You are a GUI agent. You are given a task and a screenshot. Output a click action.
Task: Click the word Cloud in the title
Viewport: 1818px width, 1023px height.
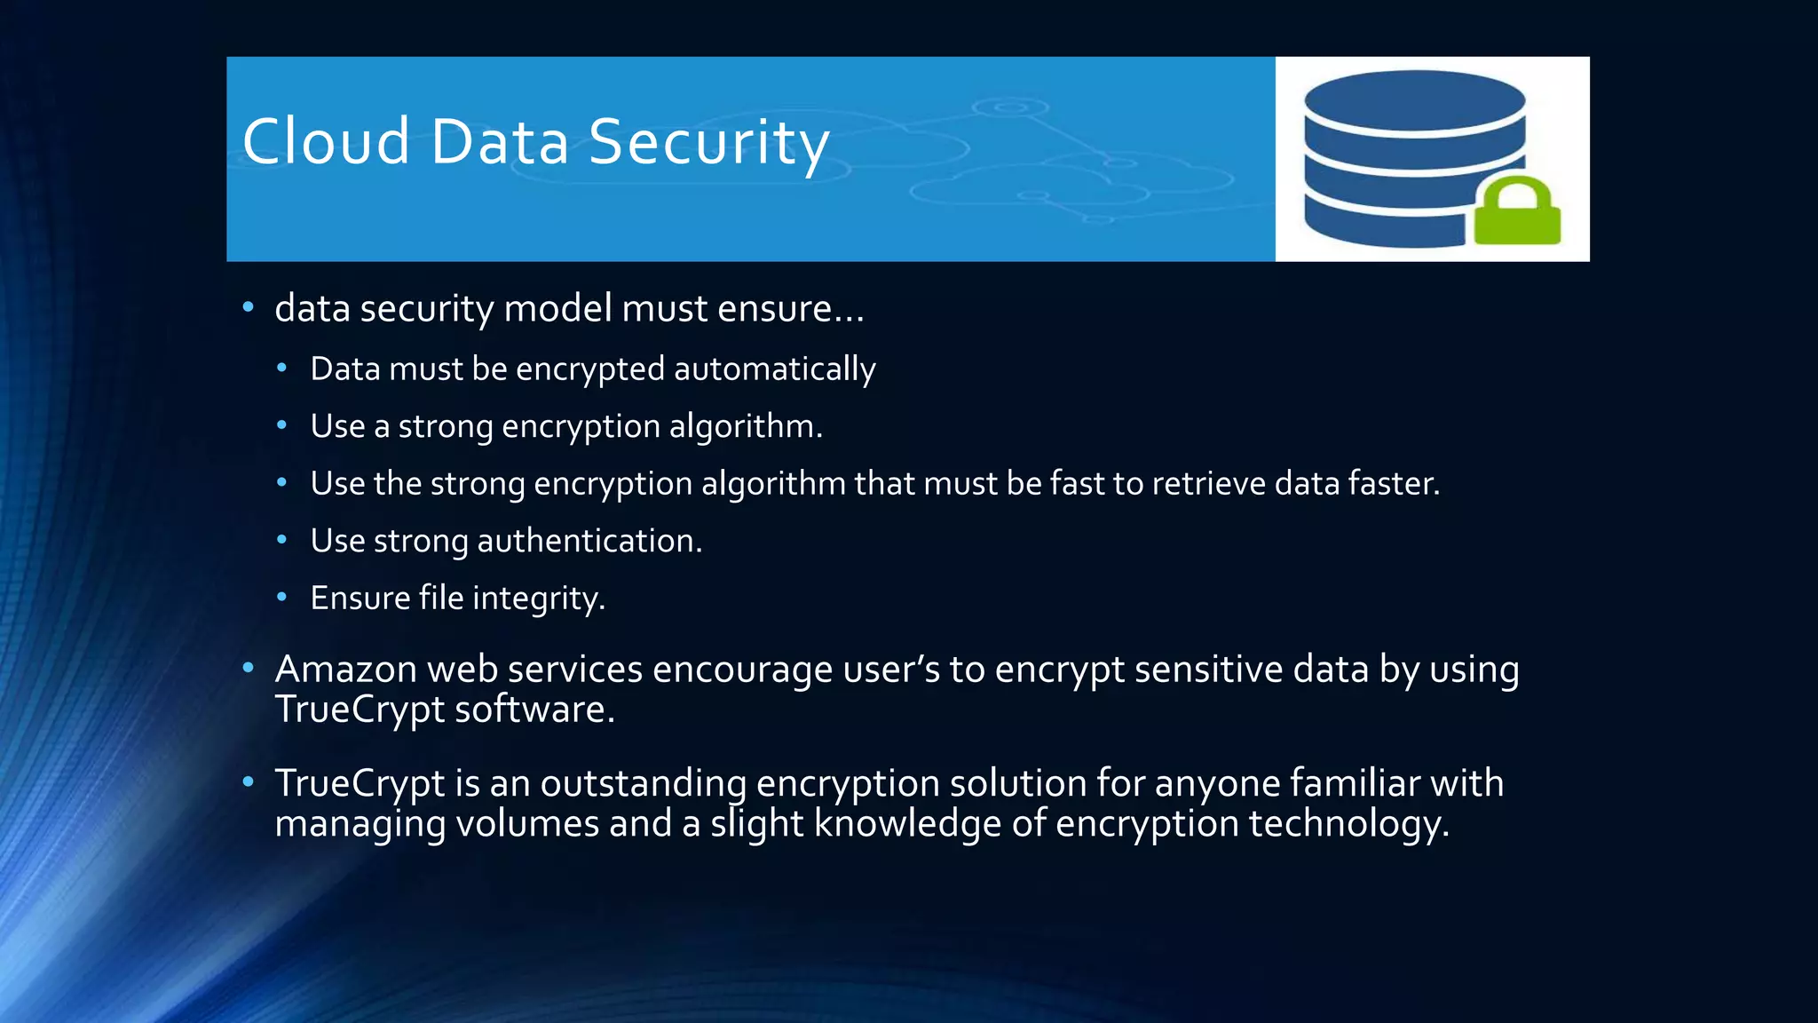[326, 142]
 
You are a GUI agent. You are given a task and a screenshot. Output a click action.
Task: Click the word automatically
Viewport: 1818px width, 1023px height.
[774, 369]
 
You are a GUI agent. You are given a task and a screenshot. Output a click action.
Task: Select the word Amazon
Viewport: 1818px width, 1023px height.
[345, 670]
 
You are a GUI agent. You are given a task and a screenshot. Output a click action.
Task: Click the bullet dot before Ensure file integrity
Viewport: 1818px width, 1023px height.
[281, 598]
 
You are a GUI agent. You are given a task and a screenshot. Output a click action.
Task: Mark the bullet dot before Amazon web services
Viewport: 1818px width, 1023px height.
[249, 668]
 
